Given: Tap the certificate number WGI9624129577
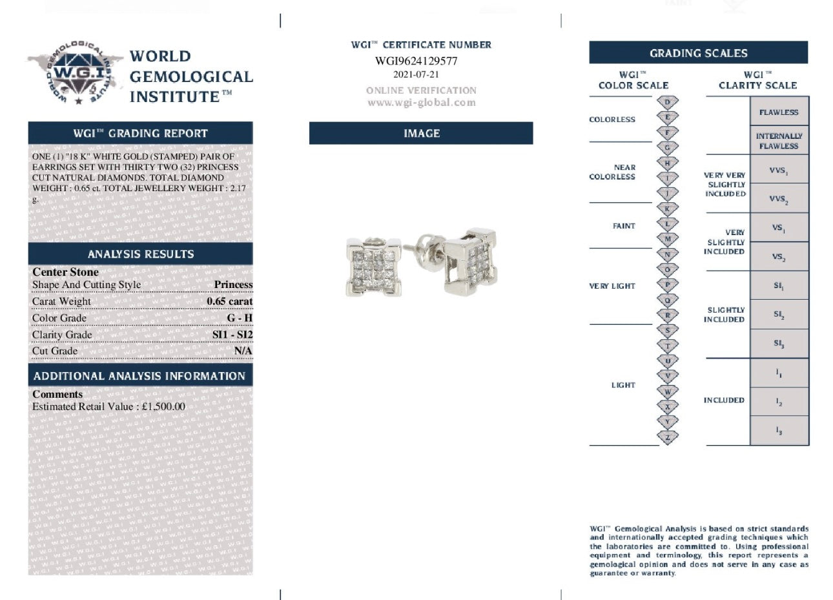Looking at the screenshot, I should pyautogui.click(x=416, y=61).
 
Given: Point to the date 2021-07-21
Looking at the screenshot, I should pyautogui.click(x=416, y=74).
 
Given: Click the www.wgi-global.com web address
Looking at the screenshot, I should pyautogui.click(x=421, y=103).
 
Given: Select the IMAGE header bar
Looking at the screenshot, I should pyautogui.click(x=421, y=133).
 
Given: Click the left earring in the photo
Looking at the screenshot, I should pyautogui.click(x=369, y=267).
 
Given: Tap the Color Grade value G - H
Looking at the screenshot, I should pyautogui.click(x=240, y=318).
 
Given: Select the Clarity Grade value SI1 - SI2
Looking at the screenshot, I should pyautogui.click(x=232, y=335).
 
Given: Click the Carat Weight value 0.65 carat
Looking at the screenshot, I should pyautogui.click(x=230, y=301).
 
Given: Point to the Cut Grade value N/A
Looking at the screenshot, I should pyautogui.click(x=243, y=351).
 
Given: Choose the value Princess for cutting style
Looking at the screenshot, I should pyautogui.click(x=233, y=284).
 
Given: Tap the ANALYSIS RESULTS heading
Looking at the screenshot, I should pyautogui.click(x=141, y=254).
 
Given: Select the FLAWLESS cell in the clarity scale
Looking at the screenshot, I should pyautogui.click(x=779, y=112).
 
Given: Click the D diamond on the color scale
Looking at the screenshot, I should pyautogui.click(x=668, y=102).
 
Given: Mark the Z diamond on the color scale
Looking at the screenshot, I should pyautogui.click(x=668, y=437).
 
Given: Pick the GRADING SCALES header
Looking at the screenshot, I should pyautogui.click(x=698, y=53).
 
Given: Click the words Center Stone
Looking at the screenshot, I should pyautogui.click(x=65, y=272).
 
